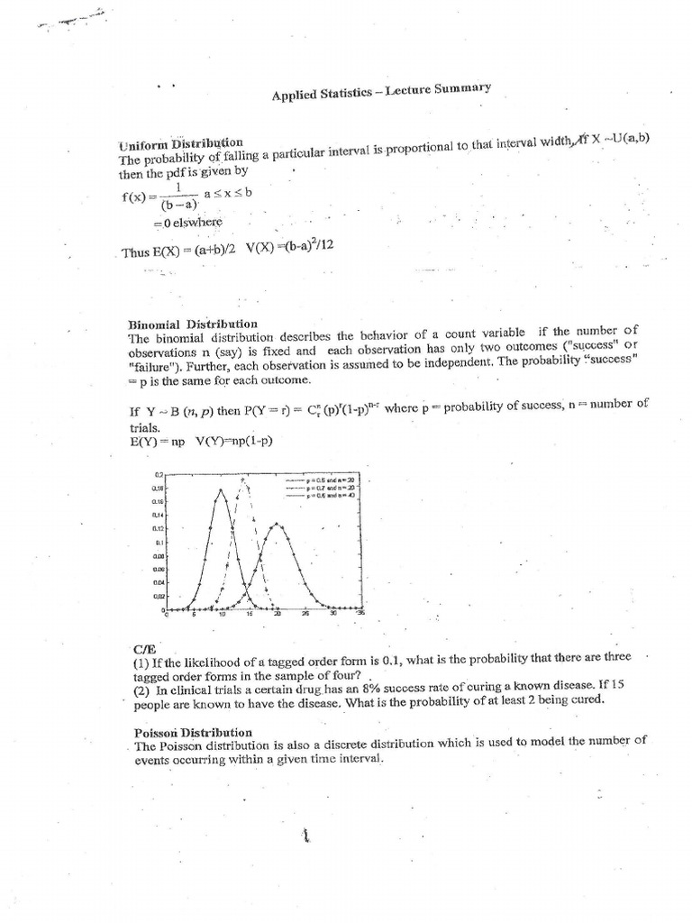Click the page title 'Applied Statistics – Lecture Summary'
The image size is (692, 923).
380,94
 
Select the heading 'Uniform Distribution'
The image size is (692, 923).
180,144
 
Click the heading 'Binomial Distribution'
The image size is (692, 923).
193,324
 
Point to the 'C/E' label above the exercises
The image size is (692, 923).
144,649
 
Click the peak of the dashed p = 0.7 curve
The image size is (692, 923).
242,479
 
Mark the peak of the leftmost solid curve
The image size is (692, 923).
221,490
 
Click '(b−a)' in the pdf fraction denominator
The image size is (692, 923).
180,205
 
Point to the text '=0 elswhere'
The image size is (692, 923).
187,222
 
